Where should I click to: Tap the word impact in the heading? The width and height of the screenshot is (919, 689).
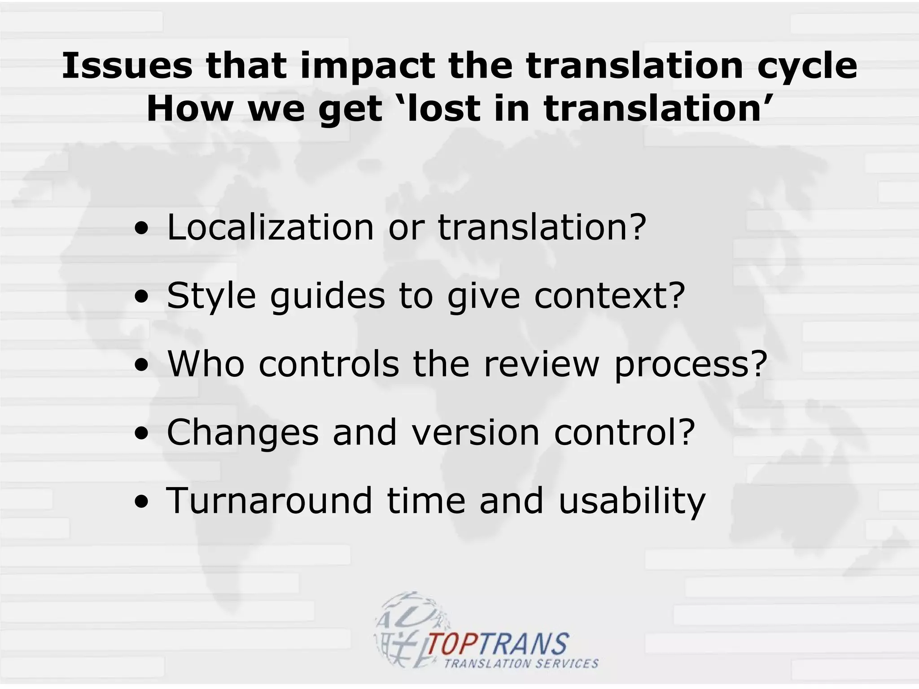click(x=368, y=66)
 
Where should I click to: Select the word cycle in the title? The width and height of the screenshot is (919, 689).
click(x=807, y=66)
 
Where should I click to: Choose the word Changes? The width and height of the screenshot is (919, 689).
click(x=243, y=433)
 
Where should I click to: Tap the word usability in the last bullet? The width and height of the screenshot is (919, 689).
click(x=632, y=501)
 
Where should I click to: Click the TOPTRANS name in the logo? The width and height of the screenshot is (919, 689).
click(x=498, y=644)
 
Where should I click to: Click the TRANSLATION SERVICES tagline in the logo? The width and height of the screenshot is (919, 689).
click(x=521, y=663)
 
